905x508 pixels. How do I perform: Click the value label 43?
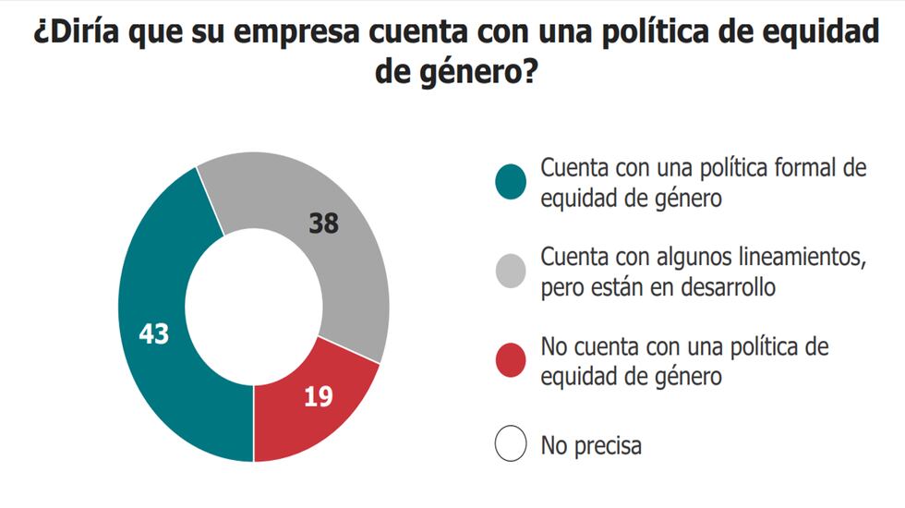[153, 333]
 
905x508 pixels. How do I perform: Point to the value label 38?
[324, 224]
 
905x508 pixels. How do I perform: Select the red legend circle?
[510, 360]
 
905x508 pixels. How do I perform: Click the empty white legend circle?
[510, 445]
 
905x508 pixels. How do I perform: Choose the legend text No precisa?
[591, 446]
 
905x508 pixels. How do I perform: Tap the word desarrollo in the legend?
[727, 287]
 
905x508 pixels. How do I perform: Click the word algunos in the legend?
[694, 257]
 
